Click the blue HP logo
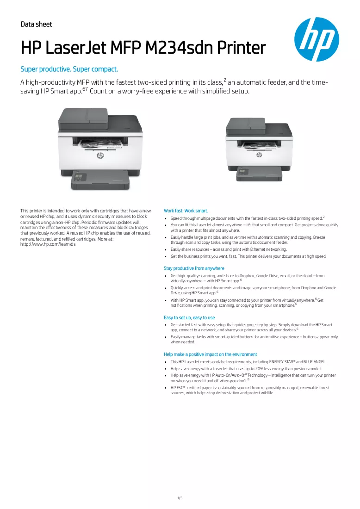[317, 39]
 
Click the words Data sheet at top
[36, 25]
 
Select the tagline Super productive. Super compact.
[69, 69]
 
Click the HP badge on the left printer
[100, 156]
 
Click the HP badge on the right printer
[259, 155]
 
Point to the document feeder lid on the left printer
[83, 119]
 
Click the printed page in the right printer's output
[259, 144]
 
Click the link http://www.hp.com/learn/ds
[48, 244]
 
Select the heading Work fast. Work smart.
[186, 211]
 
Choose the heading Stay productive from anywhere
[194, 268]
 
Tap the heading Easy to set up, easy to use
[189, 317]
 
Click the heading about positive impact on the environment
[211, 354]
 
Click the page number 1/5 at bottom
[180, 498]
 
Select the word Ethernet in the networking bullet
[258, 249]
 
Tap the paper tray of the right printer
[259, 174]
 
